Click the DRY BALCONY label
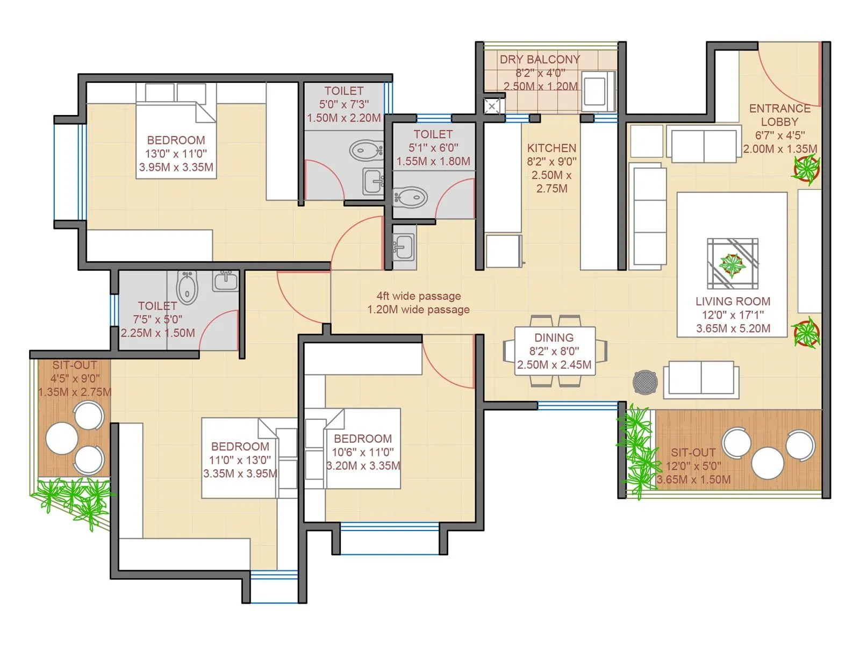540,59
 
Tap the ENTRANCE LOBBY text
779,115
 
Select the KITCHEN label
551,148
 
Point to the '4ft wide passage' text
418,296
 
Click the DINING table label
554,338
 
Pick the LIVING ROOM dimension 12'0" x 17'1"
733,315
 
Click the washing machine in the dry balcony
598,90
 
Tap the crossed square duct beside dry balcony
492,106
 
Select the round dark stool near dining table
645,382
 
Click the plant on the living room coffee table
732,264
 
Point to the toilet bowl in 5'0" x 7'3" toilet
365,150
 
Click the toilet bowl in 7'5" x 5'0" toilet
187,286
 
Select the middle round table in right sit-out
767,463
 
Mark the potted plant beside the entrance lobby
806,169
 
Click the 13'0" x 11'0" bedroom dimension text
176,154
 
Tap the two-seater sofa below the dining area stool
701,379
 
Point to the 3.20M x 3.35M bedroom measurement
363,466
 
